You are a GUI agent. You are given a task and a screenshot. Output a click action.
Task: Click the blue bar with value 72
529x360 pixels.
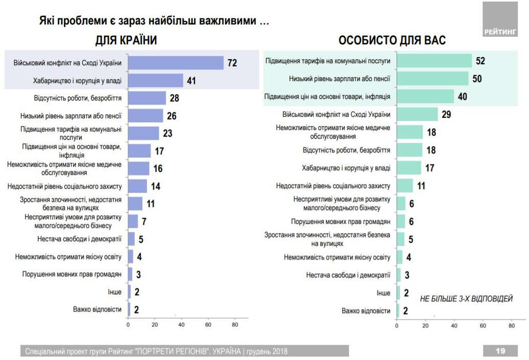[x=175, y=63]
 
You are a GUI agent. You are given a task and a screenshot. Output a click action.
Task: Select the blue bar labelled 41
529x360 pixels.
[x=155, y=81]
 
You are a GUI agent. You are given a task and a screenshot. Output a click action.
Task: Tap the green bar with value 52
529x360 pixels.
[x=434, y=61]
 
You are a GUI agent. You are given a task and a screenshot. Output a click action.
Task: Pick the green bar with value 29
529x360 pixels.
[x=417, y=114]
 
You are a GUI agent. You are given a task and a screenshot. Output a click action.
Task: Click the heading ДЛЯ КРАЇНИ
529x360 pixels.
[x=126, y=41]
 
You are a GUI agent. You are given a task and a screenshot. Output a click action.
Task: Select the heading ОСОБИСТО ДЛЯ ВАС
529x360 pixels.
[x=392, y=41]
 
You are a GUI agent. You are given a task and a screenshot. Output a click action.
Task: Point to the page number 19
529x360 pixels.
[x=500, y=351]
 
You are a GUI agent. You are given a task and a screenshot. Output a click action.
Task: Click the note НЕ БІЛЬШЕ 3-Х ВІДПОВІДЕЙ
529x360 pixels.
[x=466, y=298]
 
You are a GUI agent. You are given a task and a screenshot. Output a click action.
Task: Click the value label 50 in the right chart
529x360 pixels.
[x=477, y=79]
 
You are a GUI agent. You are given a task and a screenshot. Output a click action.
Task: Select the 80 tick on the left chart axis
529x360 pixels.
[x=235, y=325]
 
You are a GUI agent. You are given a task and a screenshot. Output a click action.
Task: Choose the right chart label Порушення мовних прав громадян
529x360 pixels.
[x=341, y=222]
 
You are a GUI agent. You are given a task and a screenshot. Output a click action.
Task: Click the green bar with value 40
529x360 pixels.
[x=425, y=96]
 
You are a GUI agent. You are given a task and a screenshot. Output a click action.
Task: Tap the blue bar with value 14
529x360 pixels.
[x=137, y=186]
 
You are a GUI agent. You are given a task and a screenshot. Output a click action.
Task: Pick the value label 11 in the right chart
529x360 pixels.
[x=421, y=186]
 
